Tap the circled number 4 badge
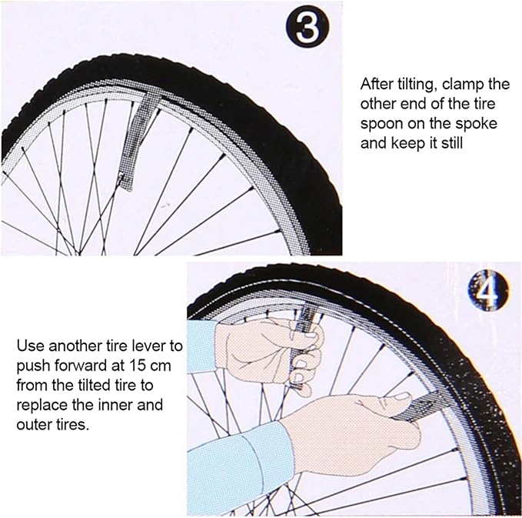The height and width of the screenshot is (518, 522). click(487, 292)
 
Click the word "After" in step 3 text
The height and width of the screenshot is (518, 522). click(377, 85)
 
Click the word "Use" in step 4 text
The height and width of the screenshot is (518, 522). click(29, 344)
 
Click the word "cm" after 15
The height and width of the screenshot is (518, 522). click(151, 363)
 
